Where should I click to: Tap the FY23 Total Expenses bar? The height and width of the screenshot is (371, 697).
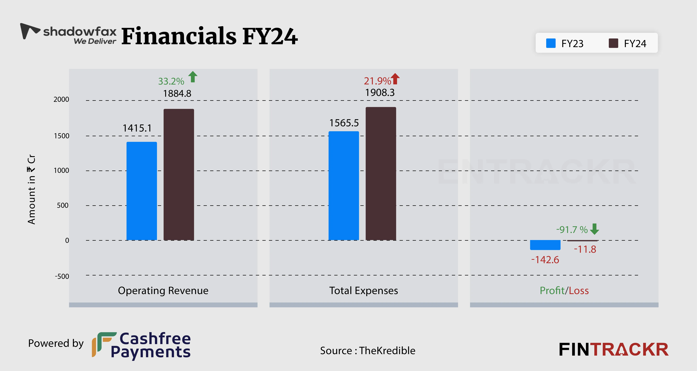pyautogui.click(x=344, y=186)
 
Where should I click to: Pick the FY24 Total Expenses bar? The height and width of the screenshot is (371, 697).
pyautogui.click(x=381, y=173)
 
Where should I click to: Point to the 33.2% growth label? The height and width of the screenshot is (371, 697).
pyautogui.click(x=171, y=81)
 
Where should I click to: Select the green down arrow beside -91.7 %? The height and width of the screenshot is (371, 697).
pyautogui.click(x=594, y=229)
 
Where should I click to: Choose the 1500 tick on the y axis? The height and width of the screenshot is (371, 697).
pyautogui.click(x=61, y=136)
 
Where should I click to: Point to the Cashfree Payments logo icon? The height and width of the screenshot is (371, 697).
pyautogui.click(x=104, y=344)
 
